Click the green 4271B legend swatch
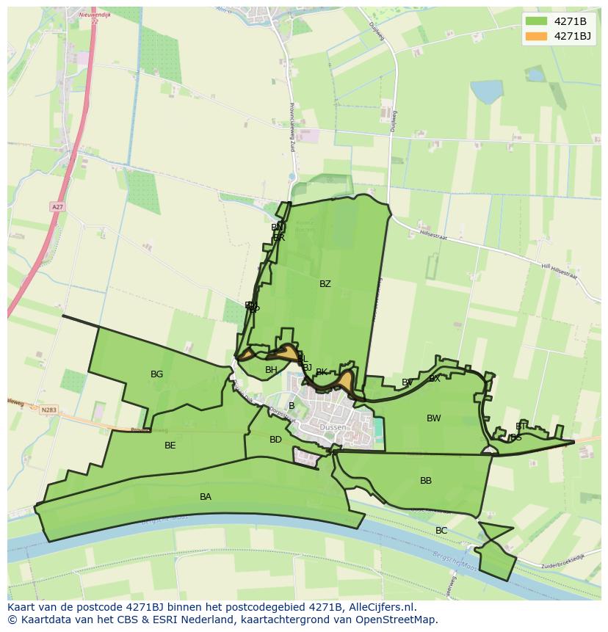point(537,21)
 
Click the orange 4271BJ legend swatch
point(537,36)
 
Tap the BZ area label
point(325,284)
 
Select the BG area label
point(156,374)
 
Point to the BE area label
point(170,446)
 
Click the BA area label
point(206,497)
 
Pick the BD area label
point(275,440)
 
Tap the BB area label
point(426,481)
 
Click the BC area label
point(441,531)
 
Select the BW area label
point(434,418)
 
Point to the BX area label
point(435,379)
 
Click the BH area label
point(272,370)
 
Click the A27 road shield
point(57,207)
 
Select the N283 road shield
point(49,410)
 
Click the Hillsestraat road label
point(433,236)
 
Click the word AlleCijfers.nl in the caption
point(382,608)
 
